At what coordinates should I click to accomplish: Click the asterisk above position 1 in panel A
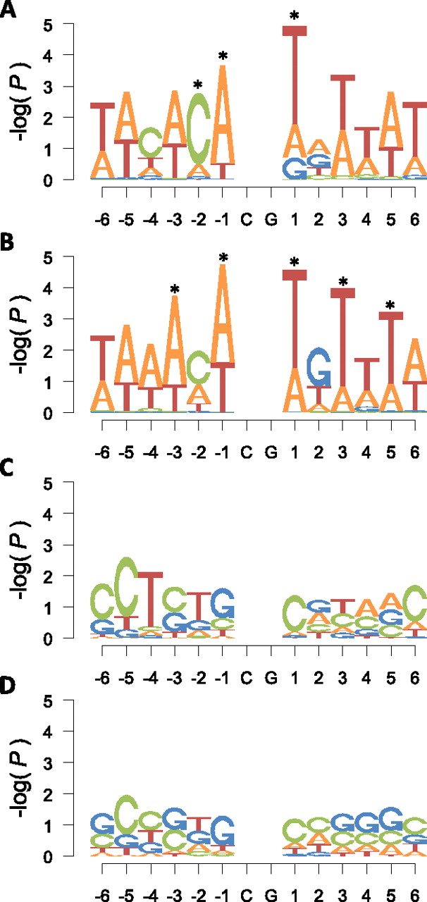pos(294,16)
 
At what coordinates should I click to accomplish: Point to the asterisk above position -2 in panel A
pos(198,85)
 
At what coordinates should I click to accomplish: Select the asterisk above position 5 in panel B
pos(390,306)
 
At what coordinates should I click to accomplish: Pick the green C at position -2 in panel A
pos(198,128)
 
